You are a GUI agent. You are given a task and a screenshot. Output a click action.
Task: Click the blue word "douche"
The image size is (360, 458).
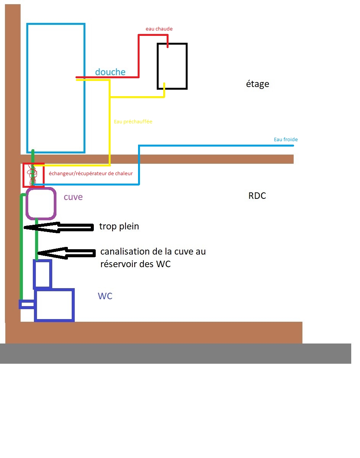tap(110, 72)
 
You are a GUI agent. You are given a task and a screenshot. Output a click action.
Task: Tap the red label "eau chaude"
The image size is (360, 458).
tap(159, 29)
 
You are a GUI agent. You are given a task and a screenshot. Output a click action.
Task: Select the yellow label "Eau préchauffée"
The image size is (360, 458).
tap(133, 122)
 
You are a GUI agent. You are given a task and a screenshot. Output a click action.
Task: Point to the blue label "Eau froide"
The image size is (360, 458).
tap(286, 140)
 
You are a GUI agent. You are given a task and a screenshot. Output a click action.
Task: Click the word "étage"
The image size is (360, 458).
tap(257, 84)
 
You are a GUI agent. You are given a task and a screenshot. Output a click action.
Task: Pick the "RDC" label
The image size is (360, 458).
tap(257, 196)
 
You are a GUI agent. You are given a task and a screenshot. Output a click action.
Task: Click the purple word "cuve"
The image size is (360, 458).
tap(73, 197)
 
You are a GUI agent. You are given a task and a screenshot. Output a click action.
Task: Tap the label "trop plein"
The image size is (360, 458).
tap(119, 226)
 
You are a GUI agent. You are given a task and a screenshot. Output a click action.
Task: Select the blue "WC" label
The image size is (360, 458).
tap(105, 296)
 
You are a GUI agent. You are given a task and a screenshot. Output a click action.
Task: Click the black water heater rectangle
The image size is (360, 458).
tap(172, 66)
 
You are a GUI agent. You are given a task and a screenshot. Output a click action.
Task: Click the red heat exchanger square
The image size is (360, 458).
tap(34, 175)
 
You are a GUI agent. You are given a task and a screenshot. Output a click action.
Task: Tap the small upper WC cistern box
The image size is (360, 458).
tap(42, 274)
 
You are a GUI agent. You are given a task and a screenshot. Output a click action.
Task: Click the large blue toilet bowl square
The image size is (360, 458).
tap(54, 305)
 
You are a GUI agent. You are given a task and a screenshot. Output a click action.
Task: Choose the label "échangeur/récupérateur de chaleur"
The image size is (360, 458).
tap(91, 174)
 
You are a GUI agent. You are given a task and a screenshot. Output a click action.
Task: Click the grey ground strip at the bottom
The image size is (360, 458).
tap(175, 353)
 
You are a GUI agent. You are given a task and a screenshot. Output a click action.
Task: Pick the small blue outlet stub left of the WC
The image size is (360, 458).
tap(27, 304)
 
